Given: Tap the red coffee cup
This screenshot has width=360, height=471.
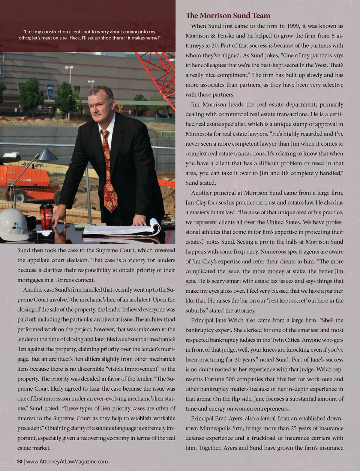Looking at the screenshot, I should click(46, 217).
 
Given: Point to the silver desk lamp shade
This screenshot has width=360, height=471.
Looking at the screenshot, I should click(47, 154).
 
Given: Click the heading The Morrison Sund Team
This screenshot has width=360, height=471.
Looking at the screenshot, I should click(228, 15).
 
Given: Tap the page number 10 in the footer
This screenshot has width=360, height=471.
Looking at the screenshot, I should click(19, 462).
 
